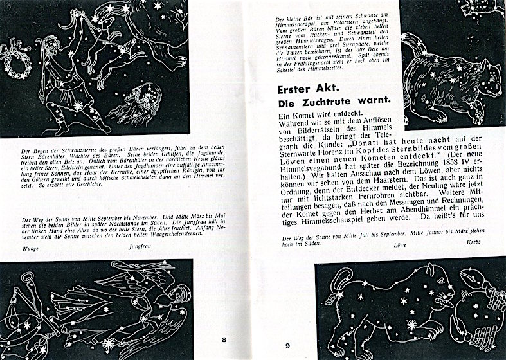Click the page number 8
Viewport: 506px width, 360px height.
tap(224, 339)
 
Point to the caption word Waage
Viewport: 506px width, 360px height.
tap(30, 246)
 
